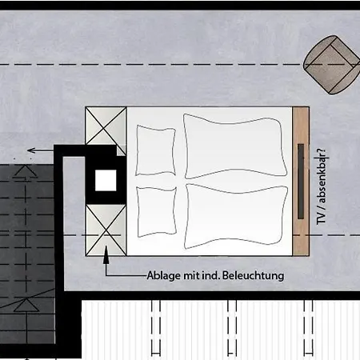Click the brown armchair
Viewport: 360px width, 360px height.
[x=331, y=65]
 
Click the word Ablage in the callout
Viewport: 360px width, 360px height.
[x=164, y=276]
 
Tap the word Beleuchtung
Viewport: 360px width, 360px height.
[x=253, y=275]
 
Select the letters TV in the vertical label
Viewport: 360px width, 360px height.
[x=321, y=218]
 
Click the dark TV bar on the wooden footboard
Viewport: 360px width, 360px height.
[x=301, y=182]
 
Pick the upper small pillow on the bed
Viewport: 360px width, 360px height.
[x=156, y=150]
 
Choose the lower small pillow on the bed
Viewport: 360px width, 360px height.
[x=157, y=211]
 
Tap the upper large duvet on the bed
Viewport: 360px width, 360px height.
[x=235, y=146]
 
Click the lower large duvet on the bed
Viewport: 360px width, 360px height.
[x=236, y=216]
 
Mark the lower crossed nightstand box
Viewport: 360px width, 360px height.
[x=106, y=230]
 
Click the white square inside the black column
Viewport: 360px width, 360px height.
[x=106, y=180]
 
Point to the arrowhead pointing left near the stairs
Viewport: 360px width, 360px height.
[x=31, y=150]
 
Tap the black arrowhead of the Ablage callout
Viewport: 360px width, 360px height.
[x=106, y=255]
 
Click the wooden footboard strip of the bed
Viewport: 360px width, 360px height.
[x=301, y=182]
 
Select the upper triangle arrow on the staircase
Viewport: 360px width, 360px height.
[x=26, y=171]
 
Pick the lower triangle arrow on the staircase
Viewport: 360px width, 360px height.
[x=26, y=305]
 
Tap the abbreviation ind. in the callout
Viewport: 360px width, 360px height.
[x=210, y=276]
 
